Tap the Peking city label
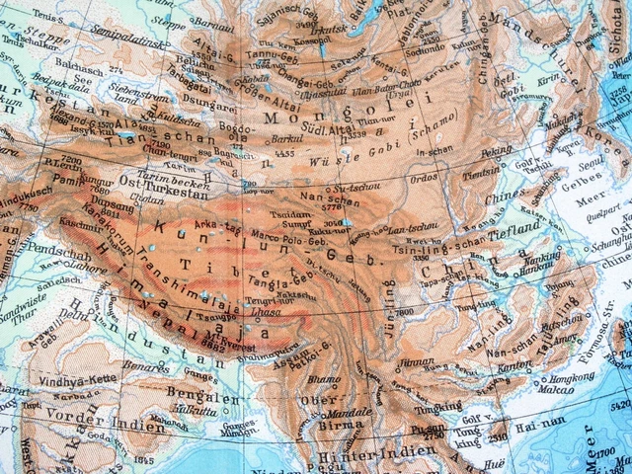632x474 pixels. coord(469,153)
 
